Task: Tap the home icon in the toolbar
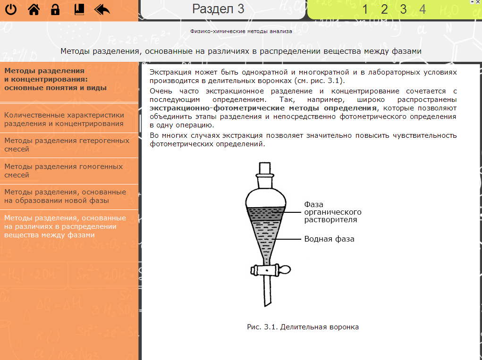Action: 34,9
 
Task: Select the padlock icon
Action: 55,9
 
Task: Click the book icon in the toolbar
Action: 79,9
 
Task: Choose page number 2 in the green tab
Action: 384,9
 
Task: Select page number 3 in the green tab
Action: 403,9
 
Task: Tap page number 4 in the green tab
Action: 422,9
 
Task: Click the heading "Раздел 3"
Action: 218,8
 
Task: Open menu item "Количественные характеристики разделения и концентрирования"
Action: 64,119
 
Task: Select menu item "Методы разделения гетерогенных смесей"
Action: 67,145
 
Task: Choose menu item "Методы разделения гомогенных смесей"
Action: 63,171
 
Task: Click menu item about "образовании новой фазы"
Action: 65,196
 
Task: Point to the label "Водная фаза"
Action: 329,239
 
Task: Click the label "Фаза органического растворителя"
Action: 332,212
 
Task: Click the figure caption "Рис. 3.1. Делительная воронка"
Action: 303,327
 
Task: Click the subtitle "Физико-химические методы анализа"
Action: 241,32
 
